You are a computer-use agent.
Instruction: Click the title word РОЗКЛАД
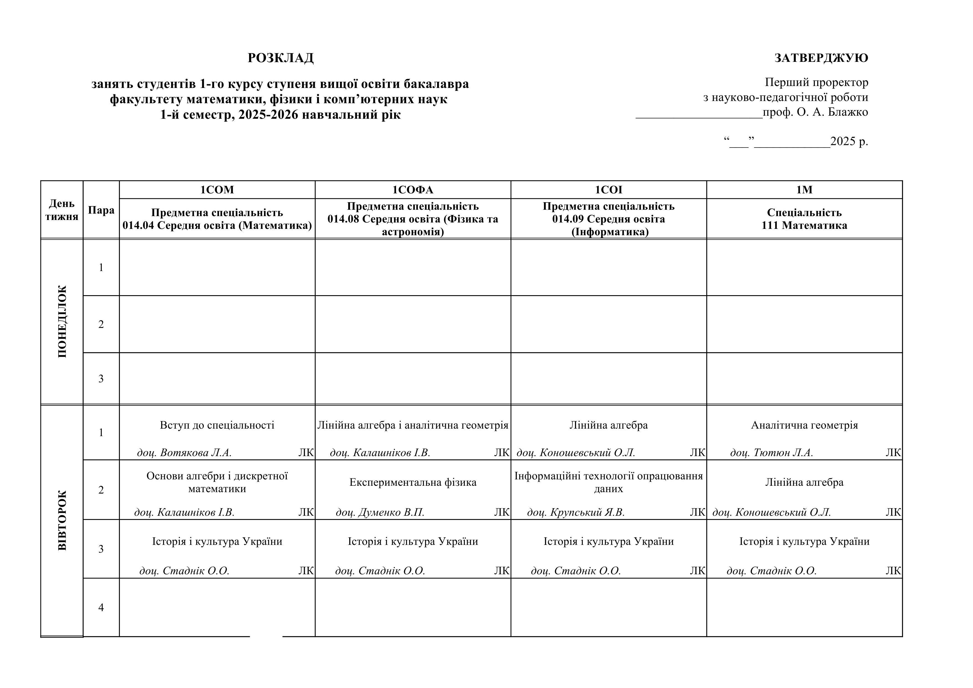point(280,58)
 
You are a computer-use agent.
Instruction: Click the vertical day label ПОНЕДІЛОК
point(62,322)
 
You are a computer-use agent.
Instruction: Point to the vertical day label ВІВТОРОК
point(62,520)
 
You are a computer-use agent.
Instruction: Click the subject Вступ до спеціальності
point(217,425)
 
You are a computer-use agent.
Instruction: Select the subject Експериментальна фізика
point(413,482)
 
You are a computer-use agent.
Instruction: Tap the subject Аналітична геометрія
point(804,425)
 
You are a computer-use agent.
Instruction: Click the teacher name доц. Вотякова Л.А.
point(184,453)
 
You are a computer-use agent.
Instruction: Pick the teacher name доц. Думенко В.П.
point(380,512)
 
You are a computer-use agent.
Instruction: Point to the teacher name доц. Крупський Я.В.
point(576,512)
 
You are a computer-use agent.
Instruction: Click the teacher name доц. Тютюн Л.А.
point(771,453)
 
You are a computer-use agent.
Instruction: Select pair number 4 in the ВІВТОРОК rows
point(101,608)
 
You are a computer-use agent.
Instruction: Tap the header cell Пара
point(101,210)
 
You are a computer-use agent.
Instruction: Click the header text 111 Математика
point(804,226)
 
